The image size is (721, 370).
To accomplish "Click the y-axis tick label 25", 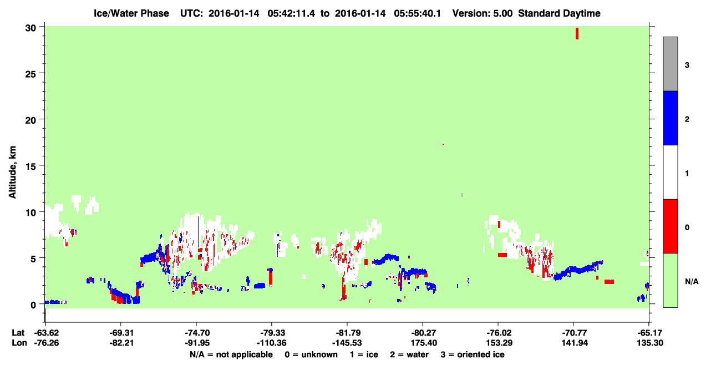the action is pyautogui.click(x=31, y=74).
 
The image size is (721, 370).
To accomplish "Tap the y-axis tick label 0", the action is pyautogui.click(x=33, y=305).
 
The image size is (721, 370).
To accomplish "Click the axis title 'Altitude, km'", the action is pyautogui.click(x=12, y=173).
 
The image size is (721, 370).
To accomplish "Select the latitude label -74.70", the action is pyautogui.click(x=197, y=333).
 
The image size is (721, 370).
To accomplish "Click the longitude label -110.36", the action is pyautogui.click(x=272, y=343).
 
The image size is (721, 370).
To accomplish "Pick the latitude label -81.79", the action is pyautogui.click(x=347, y=333).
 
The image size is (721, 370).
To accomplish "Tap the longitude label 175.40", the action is pyautogui.click(x=424, y=343).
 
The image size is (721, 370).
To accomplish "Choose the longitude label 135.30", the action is pyautogui.click(x=650, y=343).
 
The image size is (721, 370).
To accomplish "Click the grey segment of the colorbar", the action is pyautogui.click(x=671, y=64).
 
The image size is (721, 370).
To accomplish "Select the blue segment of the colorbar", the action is pyautogui.click(x=671, y=118).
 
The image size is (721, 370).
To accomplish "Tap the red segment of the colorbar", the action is pyautogui.click(x=671, y=226).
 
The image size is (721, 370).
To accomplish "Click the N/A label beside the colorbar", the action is pyautogui.click(x=692, y=282).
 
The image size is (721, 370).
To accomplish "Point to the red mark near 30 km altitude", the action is pyautogui.click(x=577, y=33).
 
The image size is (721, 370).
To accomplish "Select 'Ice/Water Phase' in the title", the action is pyautogui.click(x=131, y=13).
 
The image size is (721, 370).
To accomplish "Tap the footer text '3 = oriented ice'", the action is pyautogui.click(x=473, y=354).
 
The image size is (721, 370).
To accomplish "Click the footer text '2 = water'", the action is pyautogui.click(x=409, y=354).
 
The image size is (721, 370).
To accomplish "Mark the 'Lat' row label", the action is pyautogui.click(x=18, y=333).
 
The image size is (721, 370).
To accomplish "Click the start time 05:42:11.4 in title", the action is pyautogui.click(x=291, y=13).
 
